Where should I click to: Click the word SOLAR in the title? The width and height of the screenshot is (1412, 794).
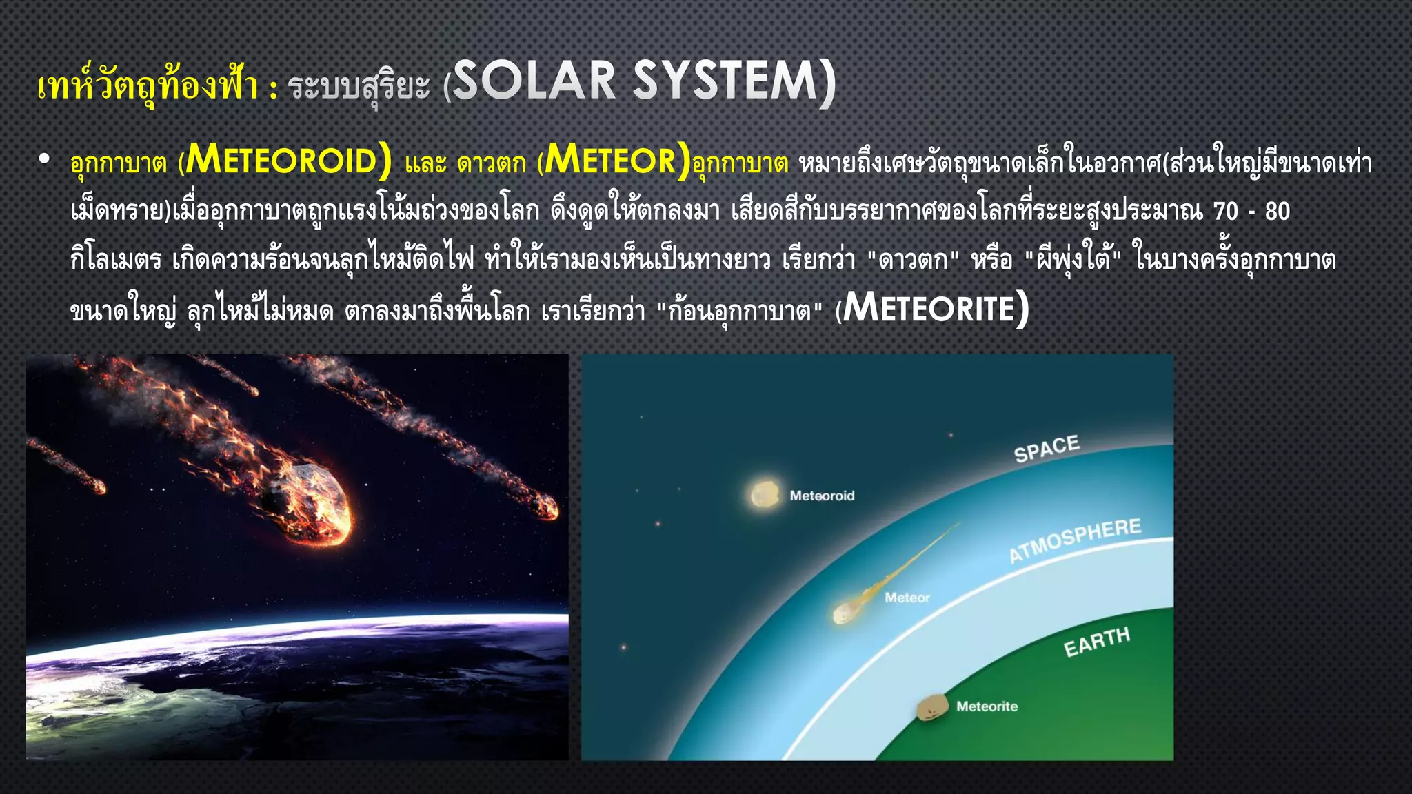click(x=534, y=82)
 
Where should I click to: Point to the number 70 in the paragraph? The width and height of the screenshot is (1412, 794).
click(x=1225, y=212)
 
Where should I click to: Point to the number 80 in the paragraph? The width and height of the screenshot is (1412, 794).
click(x=1277, y=212)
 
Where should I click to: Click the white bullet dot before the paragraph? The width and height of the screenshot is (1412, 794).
click(x=45, y=159)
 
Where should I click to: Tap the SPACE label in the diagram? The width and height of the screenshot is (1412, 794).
click(x=1046, y=449)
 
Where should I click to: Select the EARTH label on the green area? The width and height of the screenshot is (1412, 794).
click(x=1096, y=642)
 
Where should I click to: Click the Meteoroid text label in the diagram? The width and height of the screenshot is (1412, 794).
click(x=822, y=496)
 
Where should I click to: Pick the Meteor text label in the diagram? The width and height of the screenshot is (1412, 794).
click(x=907, y=598)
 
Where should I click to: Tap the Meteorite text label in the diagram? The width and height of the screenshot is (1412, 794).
click(x=987, y=706)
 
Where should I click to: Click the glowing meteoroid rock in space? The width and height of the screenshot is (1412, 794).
click(x=764, y=494)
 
